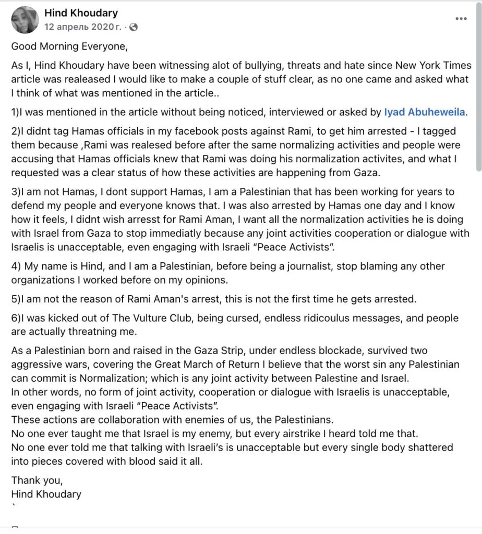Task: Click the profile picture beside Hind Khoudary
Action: point(25,20)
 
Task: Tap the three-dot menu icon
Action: point(461,18)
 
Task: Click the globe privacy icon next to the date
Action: point(134,27)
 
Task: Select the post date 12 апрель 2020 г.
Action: point(83,27)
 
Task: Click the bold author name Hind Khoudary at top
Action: point(81,13)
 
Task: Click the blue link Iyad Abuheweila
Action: point(425,112)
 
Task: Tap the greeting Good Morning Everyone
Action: point(69,46)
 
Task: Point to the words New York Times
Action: point(433,66)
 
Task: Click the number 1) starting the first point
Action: point(15,112)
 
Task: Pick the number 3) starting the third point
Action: point(15,192)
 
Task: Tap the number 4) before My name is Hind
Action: point(16,266)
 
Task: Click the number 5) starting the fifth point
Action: point(15,299)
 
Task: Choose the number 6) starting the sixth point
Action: point(15,319)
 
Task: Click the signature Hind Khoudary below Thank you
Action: point(46,494)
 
